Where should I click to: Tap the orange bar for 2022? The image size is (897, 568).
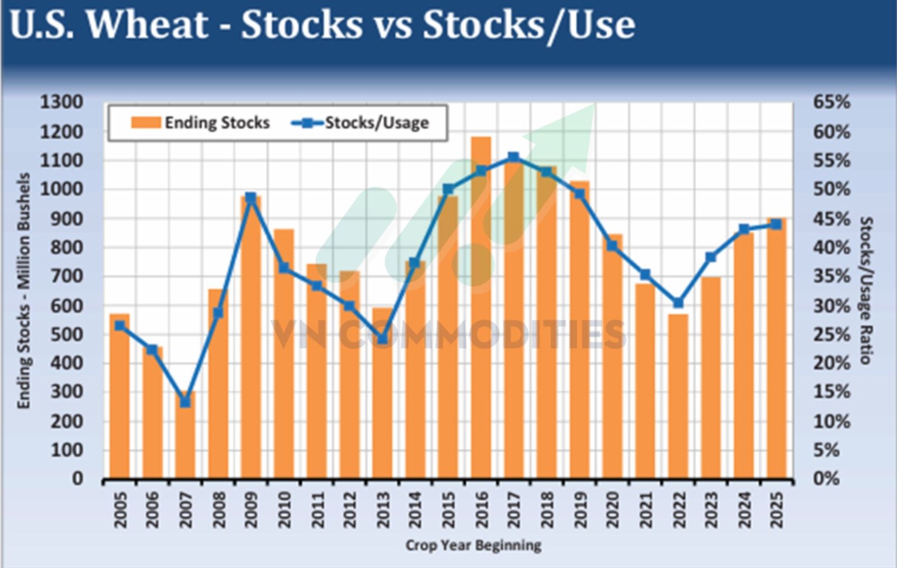(678, 398)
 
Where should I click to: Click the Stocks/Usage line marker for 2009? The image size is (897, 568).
(251, 198)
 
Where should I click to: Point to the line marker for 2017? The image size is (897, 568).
(514, 157)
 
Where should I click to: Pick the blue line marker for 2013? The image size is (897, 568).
(382, 339)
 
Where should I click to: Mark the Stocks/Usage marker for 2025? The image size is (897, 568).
(776, 224)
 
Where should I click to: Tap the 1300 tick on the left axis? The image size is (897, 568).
(62, 102)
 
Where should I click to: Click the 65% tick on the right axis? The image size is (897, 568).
(831, 102)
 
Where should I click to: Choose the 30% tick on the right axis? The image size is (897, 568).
(831, 306)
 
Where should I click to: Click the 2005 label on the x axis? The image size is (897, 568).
(120, 510)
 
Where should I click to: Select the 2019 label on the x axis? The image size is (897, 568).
(580, 510)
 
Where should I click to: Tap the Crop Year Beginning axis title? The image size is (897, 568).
(473, 545)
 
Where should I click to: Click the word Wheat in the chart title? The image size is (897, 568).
(148, 25)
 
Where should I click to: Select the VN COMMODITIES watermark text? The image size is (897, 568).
(449, 334)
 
